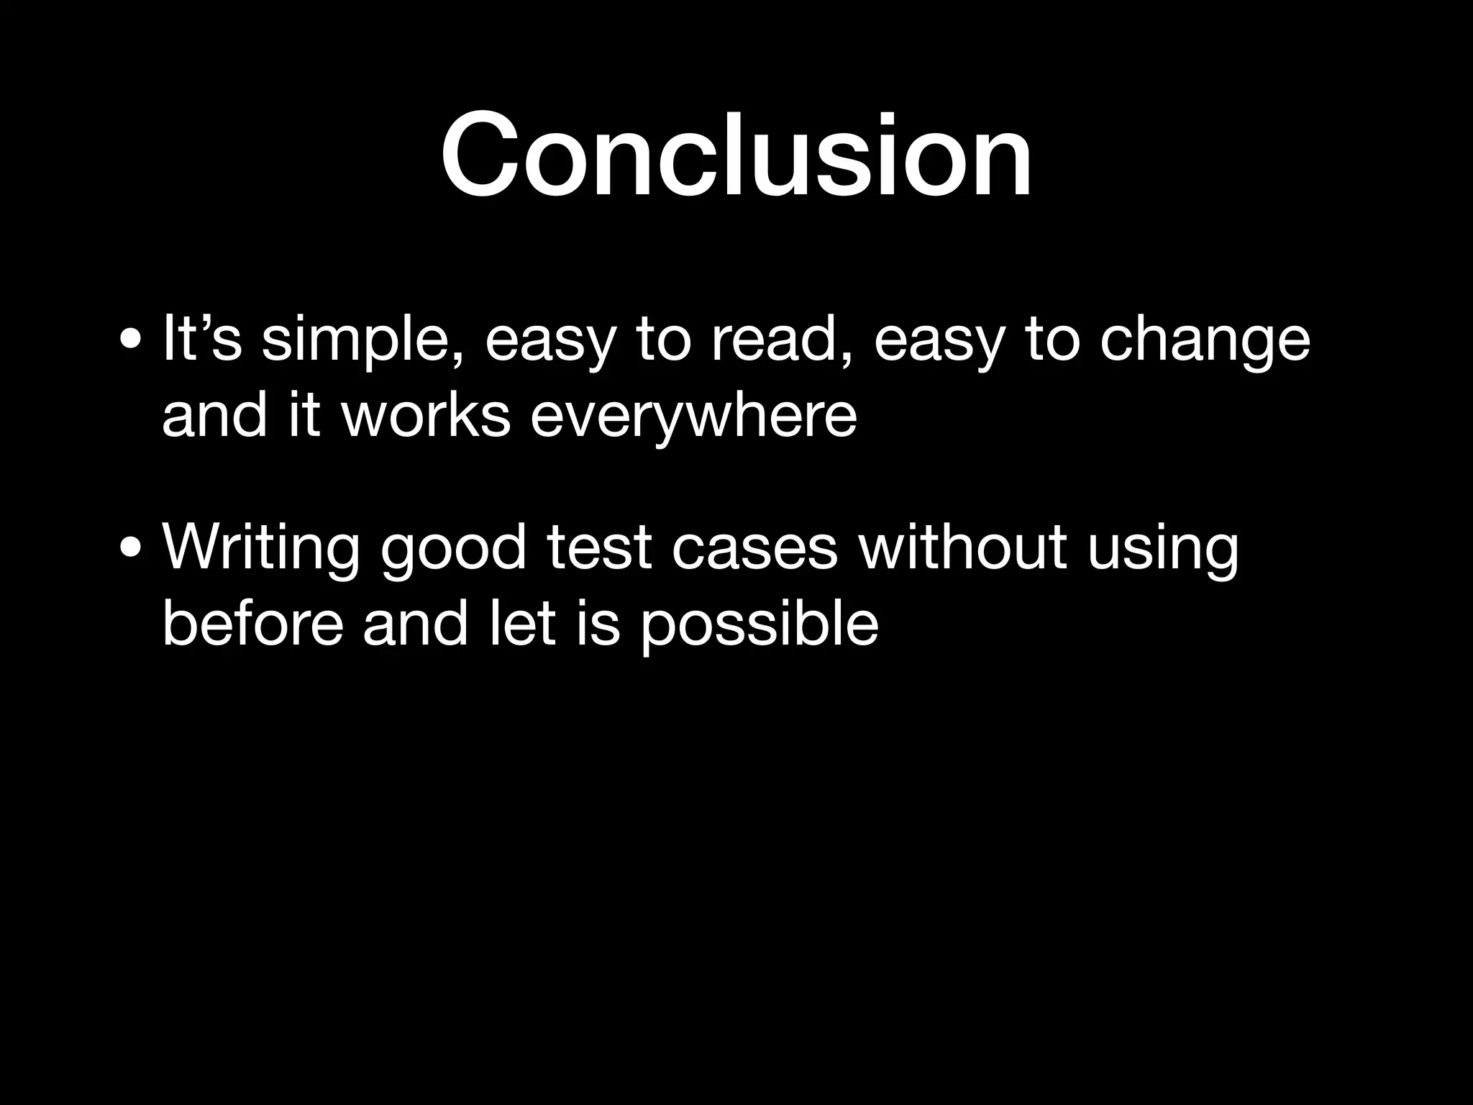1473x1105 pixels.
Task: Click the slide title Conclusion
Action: click(736, 155)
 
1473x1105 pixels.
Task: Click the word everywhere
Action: click(693, 417)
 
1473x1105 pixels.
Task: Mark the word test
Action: click(599, 548)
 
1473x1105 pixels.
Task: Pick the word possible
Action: click(759, 624)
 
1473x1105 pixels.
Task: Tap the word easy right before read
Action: click(551, 342)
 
